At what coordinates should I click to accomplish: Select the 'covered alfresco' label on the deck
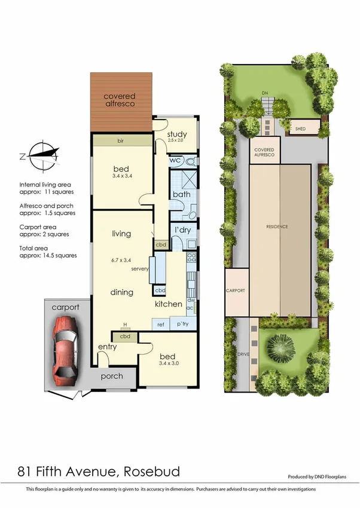pos(120,100)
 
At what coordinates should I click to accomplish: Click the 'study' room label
pos(178,134)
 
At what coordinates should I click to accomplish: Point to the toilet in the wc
pos(191,161)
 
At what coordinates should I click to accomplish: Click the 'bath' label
pos(181,195)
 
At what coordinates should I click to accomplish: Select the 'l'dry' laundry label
pos(182,231)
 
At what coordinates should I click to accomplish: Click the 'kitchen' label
pos(169,304)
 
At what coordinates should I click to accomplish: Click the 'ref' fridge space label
pos(160,324)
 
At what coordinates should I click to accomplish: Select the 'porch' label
pos(112,376)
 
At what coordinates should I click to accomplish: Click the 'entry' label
pos(107,347)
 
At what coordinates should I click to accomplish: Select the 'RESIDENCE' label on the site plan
pos(277,227)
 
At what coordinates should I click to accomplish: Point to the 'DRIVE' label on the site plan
pos(243,354)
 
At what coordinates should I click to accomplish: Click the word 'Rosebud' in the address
pos(149,472)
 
